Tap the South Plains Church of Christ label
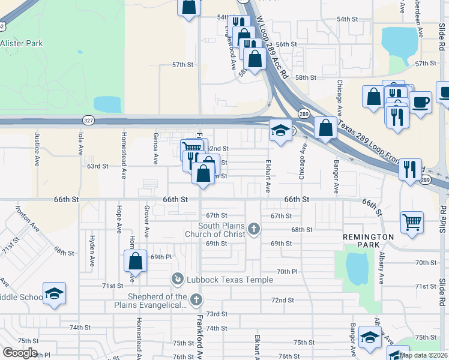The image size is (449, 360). (223, 229)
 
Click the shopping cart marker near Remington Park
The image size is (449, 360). (412, 222)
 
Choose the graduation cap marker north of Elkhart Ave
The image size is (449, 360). (280, 131)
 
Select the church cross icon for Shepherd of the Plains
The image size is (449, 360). (196, 299)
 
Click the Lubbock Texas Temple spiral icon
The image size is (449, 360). (177, 279)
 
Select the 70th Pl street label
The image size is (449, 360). (287, 272)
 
